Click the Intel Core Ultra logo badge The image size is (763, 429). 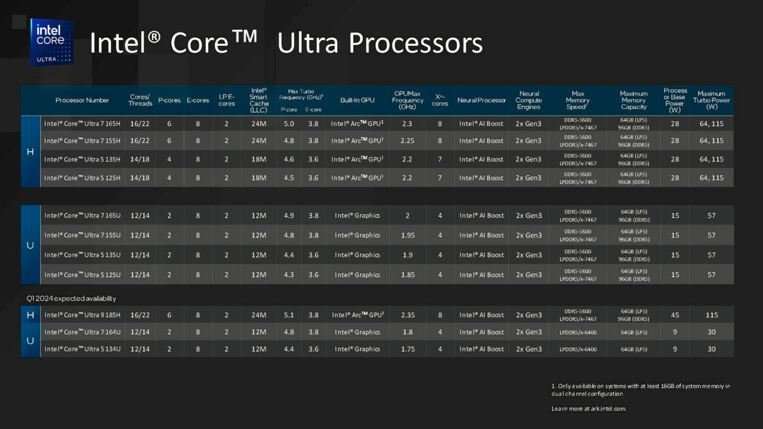tap(51, 42)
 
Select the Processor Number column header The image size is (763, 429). tap(82, 100)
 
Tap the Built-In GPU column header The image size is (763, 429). tap(357, 100)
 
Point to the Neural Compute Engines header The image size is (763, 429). tap(529, 100)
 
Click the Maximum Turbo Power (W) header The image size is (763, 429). tap(711, 100)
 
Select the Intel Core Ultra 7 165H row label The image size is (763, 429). tap(82, 124)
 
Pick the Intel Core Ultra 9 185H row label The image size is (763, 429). tap(82, 315)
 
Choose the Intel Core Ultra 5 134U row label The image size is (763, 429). tap(82, 349)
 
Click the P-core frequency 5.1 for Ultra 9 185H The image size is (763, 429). tap(289, 315)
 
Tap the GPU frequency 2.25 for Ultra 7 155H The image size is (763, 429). tap(407, 141)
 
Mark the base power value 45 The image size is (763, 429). tap(675, 315)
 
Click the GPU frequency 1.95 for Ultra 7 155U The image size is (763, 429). tap(407, 235)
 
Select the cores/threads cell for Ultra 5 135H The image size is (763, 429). tap(140, 160)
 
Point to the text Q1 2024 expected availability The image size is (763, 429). tap(71, 298)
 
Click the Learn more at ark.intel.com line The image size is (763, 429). tap(589, 409)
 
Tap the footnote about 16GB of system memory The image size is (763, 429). tap(640, 390)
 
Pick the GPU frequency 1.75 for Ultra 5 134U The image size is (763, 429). tap(407, 349)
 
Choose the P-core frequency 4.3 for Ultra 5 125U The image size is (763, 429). tap(289, 275)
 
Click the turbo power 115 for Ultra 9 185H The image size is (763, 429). tap(712, 315)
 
